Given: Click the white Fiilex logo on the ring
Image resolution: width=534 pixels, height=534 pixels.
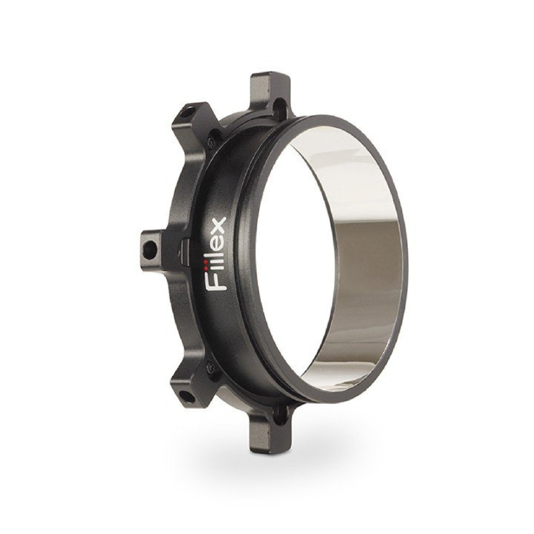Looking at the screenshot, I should point(217,254).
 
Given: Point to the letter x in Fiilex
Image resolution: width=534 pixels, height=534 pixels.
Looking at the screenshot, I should point(217,225).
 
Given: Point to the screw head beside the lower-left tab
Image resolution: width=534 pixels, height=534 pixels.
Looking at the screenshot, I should point(211,371).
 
